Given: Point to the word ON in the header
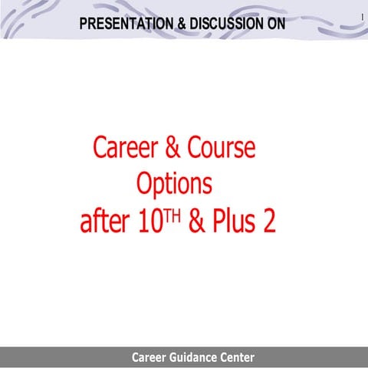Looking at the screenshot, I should click(275, 24).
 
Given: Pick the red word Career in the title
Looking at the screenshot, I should click(123, 146).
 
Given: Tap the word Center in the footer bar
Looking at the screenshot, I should click(235, 357).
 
